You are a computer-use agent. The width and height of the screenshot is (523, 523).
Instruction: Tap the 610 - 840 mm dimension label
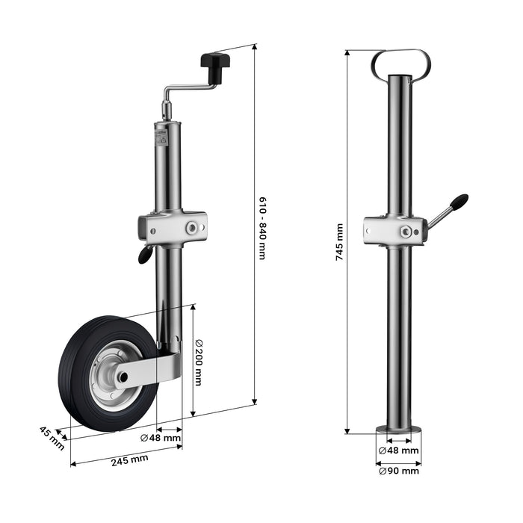pos(262,229)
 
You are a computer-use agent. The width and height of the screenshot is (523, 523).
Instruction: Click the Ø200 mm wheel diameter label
pos(199,362)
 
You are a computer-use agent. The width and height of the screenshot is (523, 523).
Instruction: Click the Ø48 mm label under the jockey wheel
pos(160,439)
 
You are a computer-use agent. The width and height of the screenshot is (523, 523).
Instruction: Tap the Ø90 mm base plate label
pos(398,471)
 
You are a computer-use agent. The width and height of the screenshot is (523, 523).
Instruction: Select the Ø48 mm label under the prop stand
pos(398,451)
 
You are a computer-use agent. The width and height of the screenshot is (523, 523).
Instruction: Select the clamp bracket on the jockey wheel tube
pos(171,226)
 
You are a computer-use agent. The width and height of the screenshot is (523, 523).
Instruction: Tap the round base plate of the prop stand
pos(399,430)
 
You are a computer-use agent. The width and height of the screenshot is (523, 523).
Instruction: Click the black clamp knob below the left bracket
pos(143,256)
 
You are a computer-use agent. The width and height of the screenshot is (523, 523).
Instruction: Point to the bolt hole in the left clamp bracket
pos(194,226)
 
